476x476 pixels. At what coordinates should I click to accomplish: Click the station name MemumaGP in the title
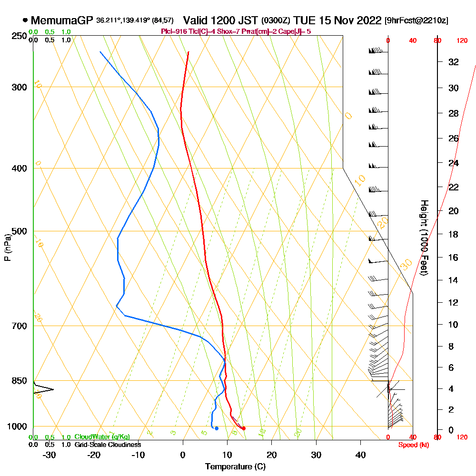coord(62,20)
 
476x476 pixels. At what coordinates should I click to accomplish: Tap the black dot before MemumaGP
coord(25,20)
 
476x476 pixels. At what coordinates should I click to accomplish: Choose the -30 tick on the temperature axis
coord(49,455)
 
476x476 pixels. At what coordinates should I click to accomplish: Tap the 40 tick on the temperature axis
coord(361,455)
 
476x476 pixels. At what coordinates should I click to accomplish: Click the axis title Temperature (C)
coord(235,467)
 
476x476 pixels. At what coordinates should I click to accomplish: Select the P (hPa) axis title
coord(7,247)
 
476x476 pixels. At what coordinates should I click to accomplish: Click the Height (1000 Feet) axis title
coord(423,237)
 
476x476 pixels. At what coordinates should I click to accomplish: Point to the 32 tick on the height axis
coord(453,62)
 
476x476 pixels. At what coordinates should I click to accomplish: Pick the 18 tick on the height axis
coord(453,234)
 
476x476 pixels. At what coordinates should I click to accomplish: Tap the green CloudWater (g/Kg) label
coord(102,437)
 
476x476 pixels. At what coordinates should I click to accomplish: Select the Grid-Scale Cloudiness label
coord(108,445)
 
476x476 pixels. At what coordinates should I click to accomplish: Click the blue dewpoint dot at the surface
coord(217,428)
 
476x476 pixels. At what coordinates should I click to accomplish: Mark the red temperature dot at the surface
coord(244,428)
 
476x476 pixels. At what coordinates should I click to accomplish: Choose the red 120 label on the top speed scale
coord(462,41)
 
